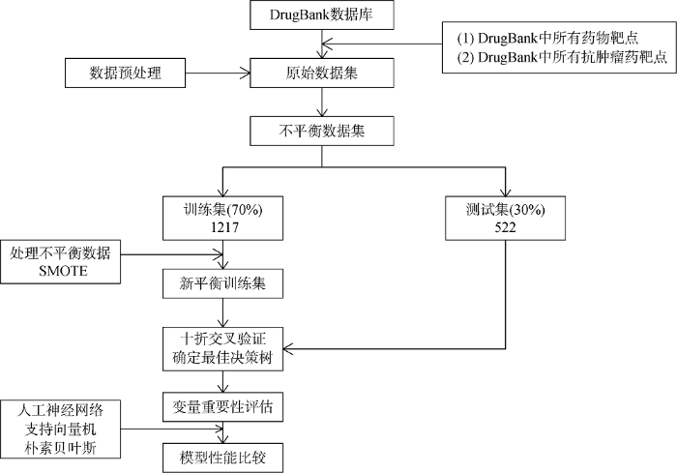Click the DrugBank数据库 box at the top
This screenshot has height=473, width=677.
pos(322,15)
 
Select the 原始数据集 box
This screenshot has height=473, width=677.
pos(322,73)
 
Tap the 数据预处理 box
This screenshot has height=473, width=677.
pos(125,73)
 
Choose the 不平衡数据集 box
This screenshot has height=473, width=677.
pos(322,131)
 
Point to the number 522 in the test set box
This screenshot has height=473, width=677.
pos(505,227)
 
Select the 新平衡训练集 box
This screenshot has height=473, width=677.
pos(222,283)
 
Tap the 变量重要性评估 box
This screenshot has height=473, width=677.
pos(222,407)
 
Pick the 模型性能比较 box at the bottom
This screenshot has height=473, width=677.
pos(222,458)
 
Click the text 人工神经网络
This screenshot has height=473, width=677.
pos(60,410)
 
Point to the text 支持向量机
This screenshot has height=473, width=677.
pos(60,429)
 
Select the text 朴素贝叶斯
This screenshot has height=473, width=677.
pos(60,448)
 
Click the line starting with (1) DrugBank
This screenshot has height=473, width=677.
pos(548,38)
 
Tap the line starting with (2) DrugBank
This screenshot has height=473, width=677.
pos(563,57)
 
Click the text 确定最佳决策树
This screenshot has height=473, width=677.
pos(222,358)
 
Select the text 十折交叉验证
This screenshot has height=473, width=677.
pos(222,339)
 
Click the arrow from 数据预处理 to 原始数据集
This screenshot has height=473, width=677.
pos(218,73)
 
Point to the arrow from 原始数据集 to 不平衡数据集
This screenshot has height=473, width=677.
pos(322,102)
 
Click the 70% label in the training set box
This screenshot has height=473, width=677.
pos(245,210)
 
